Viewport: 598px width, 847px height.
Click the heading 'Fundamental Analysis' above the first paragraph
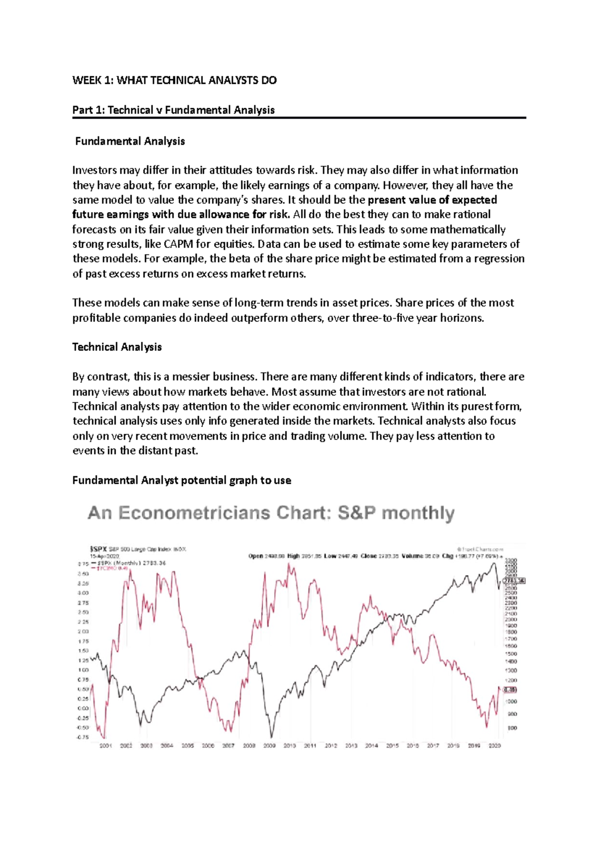(x=130, y=141)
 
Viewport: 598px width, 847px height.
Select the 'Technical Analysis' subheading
(x=117, y=347)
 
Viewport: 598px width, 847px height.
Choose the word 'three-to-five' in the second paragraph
(x=383, y=318)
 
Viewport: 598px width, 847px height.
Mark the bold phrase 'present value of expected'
(x=432, y=200)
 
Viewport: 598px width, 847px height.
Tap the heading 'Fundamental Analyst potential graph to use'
(x=181, y=480)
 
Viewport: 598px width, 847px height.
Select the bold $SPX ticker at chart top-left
(x=98, y=549)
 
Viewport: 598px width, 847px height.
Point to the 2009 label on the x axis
(x=269, y=746)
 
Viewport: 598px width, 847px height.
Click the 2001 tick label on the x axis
(x=106, y=746)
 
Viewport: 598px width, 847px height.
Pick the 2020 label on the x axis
(x=494, y=746)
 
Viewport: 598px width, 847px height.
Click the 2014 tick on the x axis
(x=371, y=746)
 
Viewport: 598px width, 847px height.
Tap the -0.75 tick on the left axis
(x=83, y=737)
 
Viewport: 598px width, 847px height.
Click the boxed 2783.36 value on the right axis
(x=514, y=581)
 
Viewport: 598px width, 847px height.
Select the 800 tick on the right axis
(x=512, y=728)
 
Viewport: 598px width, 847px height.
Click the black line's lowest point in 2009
(x=272, y=737)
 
